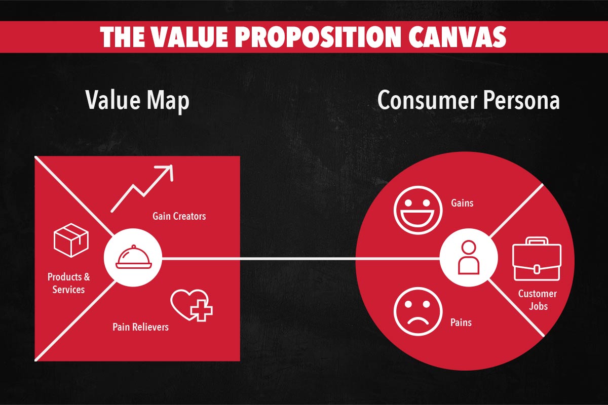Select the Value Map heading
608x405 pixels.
[x=137, y=100]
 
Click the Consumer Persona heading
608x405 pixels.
[x=469, y=100]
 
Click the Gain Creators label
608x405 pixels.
[x=179, y=216]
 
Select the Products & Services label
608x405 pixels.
[x=69, y=283]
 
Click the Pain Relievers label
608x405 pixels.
[x=140, y=327]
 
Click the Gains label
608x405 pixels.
[x=462, y=203]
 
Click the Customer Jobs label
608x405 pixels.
[x=537, y=300]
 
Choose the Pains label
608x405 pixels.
[x=461, y=322]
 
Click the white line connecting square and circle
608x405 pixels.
[x=299, y=260]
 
